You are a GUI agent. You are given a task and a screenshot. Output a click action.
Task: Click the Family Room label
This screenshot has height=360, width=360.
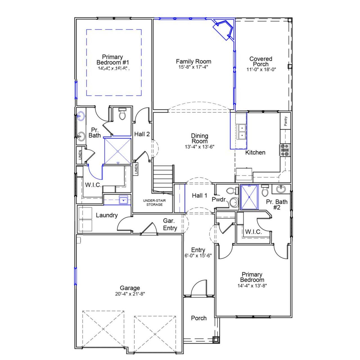pos(193,61)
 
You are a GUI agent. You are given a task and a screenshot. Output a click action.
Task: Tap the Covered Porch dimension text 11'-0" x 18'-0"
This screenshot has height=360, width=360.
pos(261,69)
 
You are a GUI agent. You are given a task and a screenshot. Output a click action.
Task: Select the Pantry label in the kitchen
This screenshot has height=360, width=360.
pos(286,121)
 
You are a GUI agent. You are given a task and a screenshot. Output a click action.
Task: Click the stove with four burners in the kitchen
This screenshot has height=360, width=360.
pos(285,150)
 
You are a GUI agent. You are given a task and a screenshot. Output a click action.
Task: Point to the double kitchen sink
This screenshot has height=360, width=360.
pos(241,132)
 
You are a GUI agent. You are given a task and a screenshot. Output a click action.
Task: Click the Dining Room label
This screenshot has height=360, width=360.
pos(200,138)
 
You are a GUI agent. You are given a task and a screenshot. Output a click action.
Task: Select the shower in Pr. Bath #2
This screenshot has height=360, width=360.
pos(249,197)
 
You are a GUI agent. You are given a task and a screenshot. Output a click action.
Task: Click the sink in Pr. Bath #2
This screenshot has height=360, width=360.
pos(280,189)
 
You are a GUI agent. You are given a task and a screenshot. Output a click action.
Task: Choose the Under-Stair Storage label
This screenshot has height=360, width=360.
pos(154,202)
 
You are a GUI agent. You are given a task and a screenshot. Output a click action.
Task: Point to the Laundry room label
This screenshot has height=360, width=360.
pos(107,215)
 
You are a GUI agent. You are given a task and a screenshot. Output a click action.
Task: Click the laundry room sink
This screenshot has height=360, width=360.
pos(123,200)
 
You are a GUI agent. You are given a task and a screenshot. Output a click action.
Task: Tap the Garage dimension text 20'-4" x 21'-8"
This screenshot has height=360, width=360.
pos(130,294)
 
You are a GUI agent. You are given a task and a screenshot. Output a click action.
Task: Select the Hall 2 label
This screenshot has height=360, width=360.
pos(142,134)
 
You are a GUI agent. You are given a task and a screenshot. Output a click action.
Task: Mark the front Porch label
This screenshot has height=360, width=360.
pos(199,318)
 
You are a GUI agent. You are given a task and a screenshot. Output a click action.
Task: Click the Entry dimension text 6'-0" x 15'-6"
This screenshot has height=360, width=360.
pos(198,256)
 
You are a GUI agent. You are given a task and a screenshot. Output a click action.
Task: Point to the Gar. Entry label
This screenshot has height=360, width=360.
pos(170,225)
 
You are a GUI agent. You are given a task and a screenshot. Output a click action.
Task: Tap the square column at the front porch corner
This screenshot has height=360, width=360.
pos(216,340)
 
